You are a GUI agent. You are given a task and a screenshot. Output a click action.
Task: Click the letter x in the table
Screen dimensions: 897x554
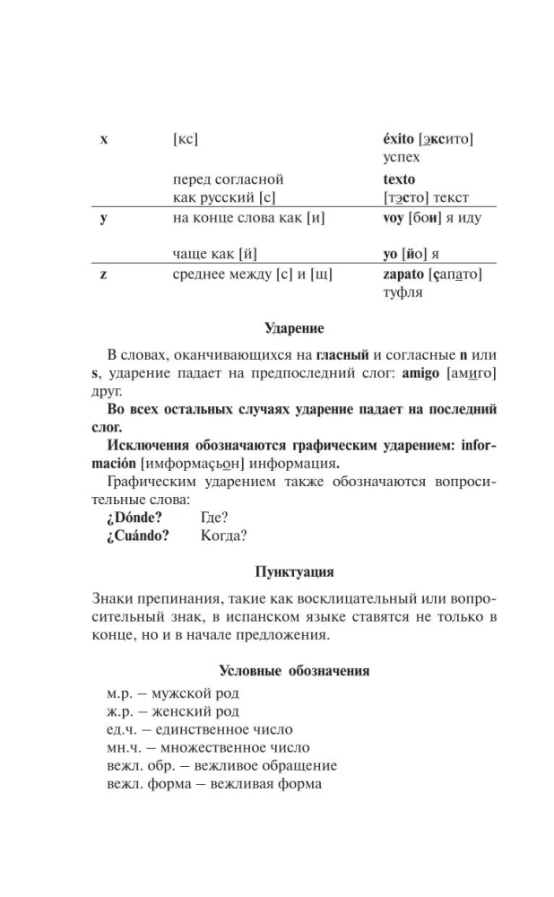pyautogui.click(x=104, y=140)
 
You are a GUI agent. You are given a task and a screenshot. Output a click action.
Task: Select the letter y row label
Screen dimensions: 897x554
pyautogui.click(x=104, y=219)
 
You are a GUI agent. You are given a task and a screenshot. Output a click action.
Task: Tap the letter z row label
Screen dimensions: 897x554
pyautogui.click(x=104, y=274)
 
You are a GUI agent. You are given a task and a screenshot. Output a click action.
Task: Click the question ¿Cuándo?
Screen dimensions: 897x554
pyautogui.click(x=139, y=536)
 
